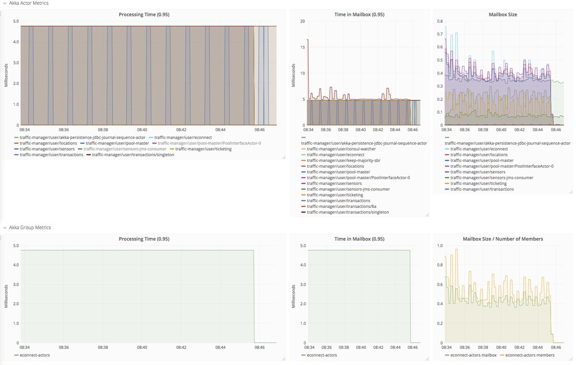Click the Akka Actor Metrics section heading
tap(28, 3)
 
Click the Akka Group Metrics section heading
tap(30, 227)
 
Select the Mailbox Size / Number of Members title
tap(503, 239)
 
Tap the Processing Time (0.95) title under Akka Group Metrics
tap(144, 239)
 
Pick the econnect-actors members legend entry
tap(529, 355)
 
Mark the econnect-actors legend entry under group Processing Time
tap(35, 355)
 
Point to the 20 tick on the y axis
tap(302, 21)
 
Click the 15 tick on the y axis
tap(302, 47)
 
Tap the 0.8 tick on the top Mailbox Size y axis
tap(439, 21)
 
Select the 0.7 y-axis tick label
tap(439, 34)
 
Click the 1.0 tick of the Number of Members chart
tap(439, 245)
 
